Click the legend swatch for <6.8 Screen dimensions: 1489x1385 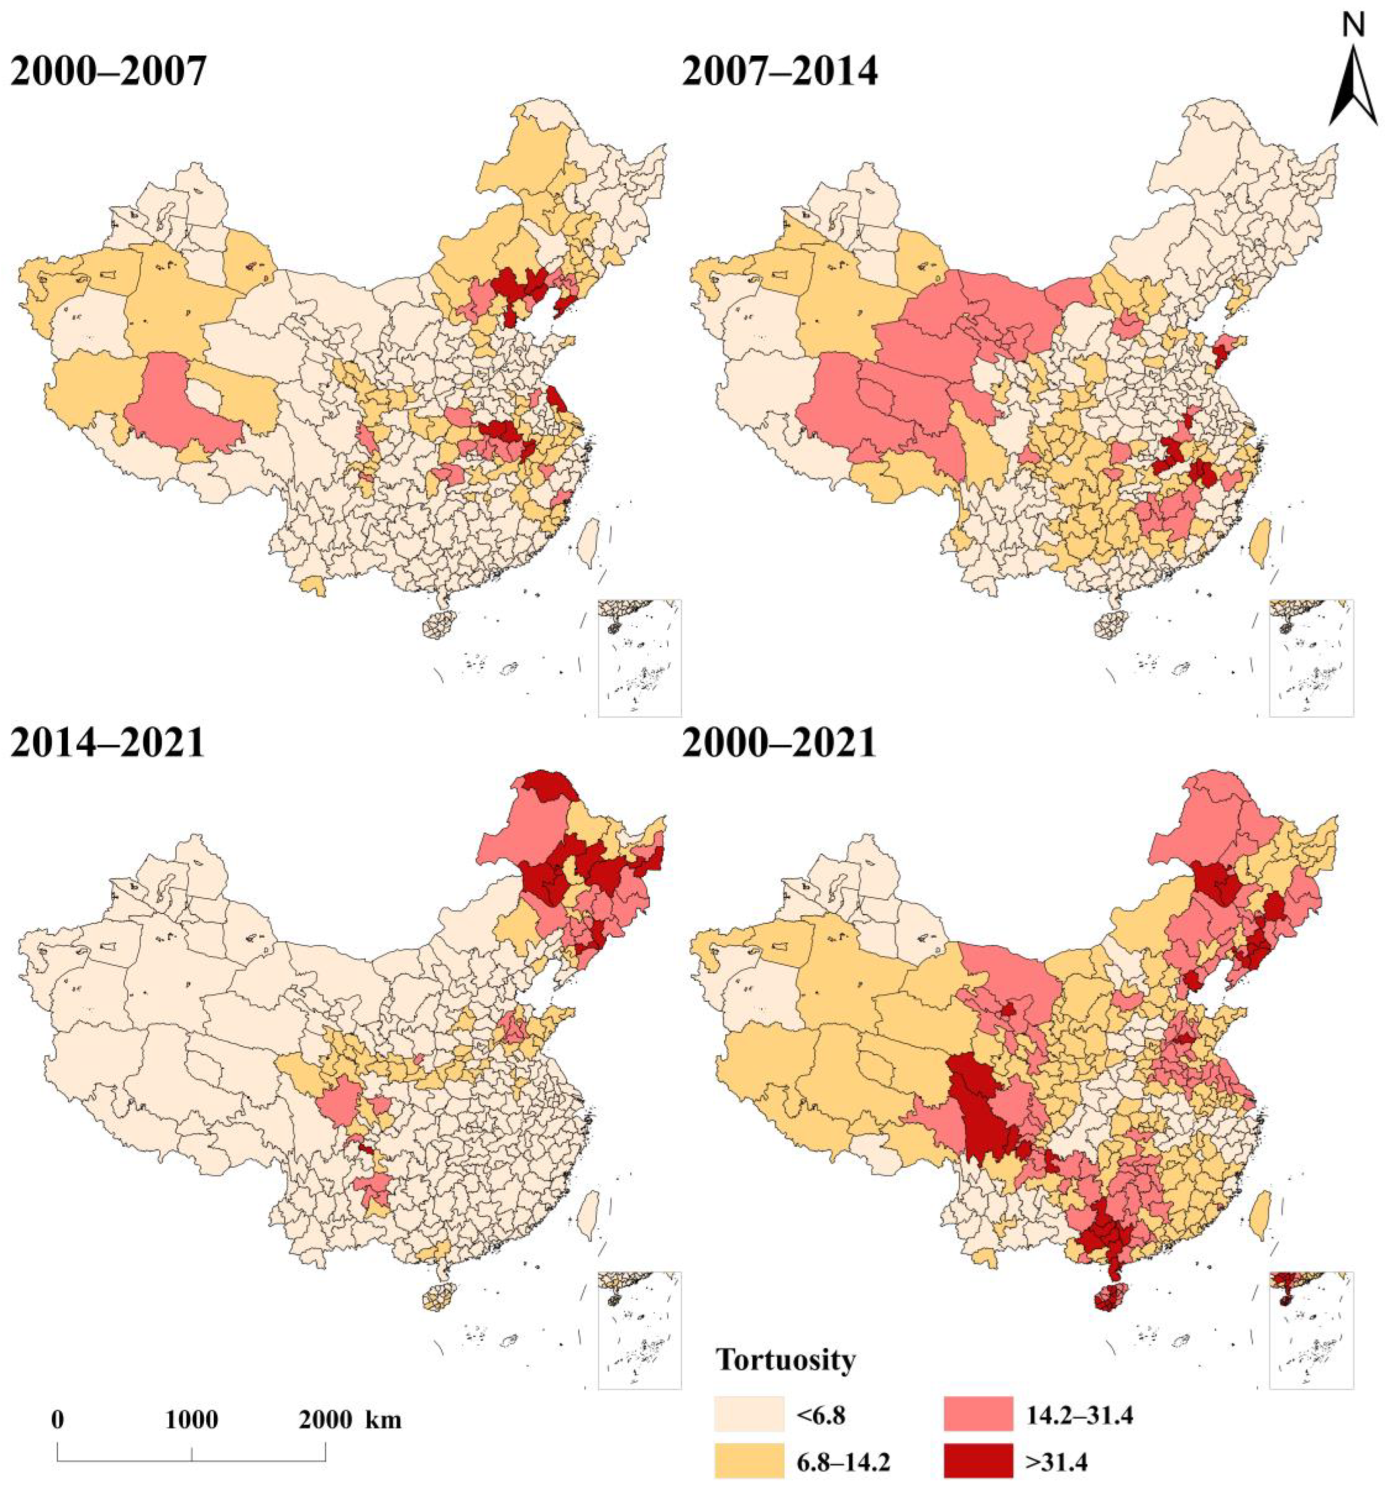coord(748,1413)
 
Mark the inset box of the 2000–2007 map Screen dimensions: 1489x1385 coord(639,657)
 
